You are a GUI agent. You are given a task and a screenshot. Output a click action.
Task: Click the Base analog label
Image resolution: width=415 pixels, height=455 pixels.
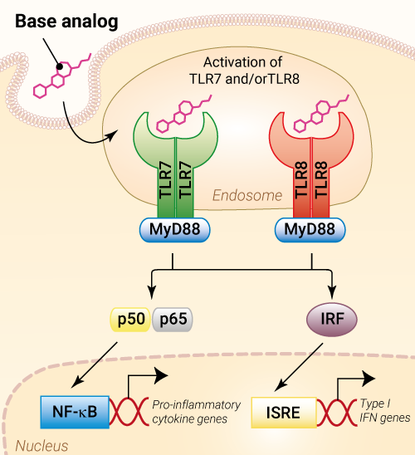click(66, 22)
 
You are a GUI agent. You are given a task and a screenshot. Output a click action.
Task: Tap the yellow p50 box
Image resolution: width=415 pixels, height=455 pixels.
click(130, 319)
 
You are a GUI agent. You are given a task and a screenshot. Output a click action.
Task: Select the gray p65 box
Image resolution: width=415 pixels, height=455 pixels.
click(173, 319)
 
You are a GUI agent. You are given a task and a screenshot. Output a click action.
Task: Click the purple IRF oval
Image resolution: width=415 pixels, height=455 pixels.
click(332, 319)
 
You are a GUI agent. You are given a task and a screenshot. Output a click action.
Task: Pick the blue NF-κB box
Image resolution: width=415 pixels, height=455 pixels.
click(75, 412)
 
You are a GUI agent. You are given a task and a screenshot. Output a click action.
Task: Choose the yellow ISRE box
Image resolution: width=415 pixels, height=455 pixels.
click(284, 413)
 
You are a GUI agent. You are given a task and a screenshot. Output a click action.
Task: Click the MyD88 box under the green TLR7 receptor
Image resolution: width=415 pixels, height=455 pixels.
click(175, 230)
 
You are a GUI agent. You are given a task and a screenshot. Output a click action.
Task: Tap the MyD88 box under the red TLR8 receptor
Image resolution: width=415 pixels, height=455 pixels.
click(310, 230)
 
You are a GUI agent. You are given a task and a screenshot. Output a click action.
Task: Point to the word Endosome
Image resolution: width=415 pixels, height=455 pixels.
click(247, 195)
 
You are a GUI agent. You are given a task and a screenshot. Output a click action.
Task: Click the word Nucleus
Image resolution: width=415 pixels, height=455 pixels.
click(41, 446)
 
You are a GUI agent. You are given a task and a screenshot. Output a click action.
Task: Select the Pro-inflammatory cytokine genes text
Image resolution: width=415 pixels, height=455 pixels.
click(197, 412)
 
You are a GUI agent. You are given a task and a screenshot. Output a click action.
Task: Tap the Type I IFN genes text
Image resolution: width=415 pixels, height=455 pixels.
click(385, 411)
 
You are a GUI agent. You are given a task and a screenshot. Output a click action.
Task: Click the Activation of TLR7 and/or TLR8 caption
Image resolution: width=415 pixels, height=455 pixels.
click(244, 71)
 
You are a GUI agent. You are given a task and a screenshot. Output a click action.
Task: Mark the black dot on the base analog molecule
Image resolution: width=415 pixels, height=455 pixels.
click(60, 66)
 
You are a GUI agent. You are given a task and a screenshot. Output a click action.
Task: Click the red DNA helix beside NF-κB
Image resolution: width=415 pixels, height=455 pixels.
click(129, 413)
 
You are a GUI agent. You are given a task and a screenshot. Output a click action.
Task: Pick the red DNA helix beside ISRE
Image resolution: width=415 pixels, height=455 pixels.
click(336, 413)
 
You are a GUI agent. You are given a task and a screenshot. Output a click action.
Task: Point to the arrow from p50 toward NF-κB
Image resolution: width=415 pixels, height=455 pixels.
click(95, 364)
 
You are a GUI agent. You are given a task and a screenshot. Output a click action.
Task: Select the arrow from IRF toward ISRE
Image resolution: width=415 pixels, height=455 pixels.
click(299, 367)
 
